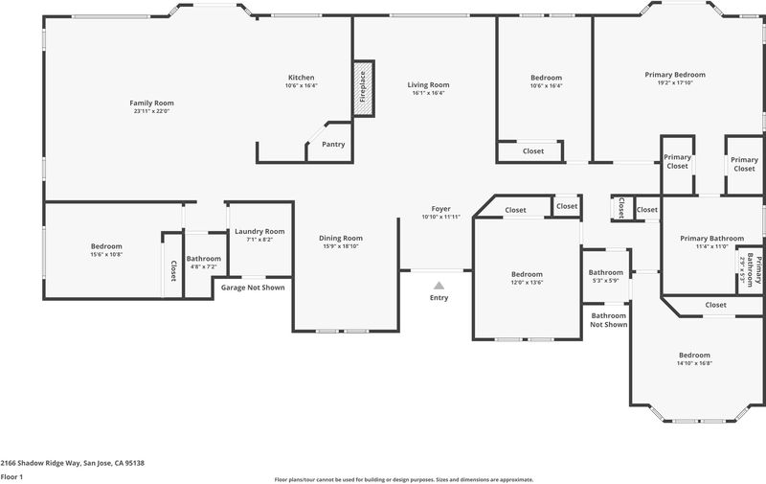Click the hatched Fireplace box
[364, 88]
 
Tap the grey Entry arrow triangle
[439, 286]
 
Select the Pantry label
[333, 144]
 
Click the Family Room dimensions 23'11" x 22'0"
[151, 111]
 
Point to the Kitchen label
[302, 78]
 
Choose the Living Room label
[428, 84]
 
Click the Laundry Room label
[259, 231]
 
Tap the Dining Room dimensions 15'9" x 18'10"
[341, 246]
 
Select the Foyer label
[440, 209]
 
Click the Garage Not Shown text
[253, 288]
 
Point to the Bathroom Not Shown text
[609, 320]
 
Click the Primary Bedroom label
[675, 75]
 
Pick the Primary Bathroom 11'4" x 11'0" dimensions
[712, 246]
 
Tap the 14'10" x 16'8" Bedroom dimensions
[694, 363]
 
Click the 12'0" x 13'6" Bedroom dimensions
[528, 282]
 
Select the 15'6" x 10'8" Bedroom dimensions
[106, 254]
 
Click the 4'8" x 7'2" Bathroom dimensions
[204, 266]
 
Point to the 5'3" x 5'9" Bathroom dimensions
[606, 281]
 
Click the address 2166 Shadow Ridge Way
[40, 463]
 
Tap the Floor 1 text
[11, 476]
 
